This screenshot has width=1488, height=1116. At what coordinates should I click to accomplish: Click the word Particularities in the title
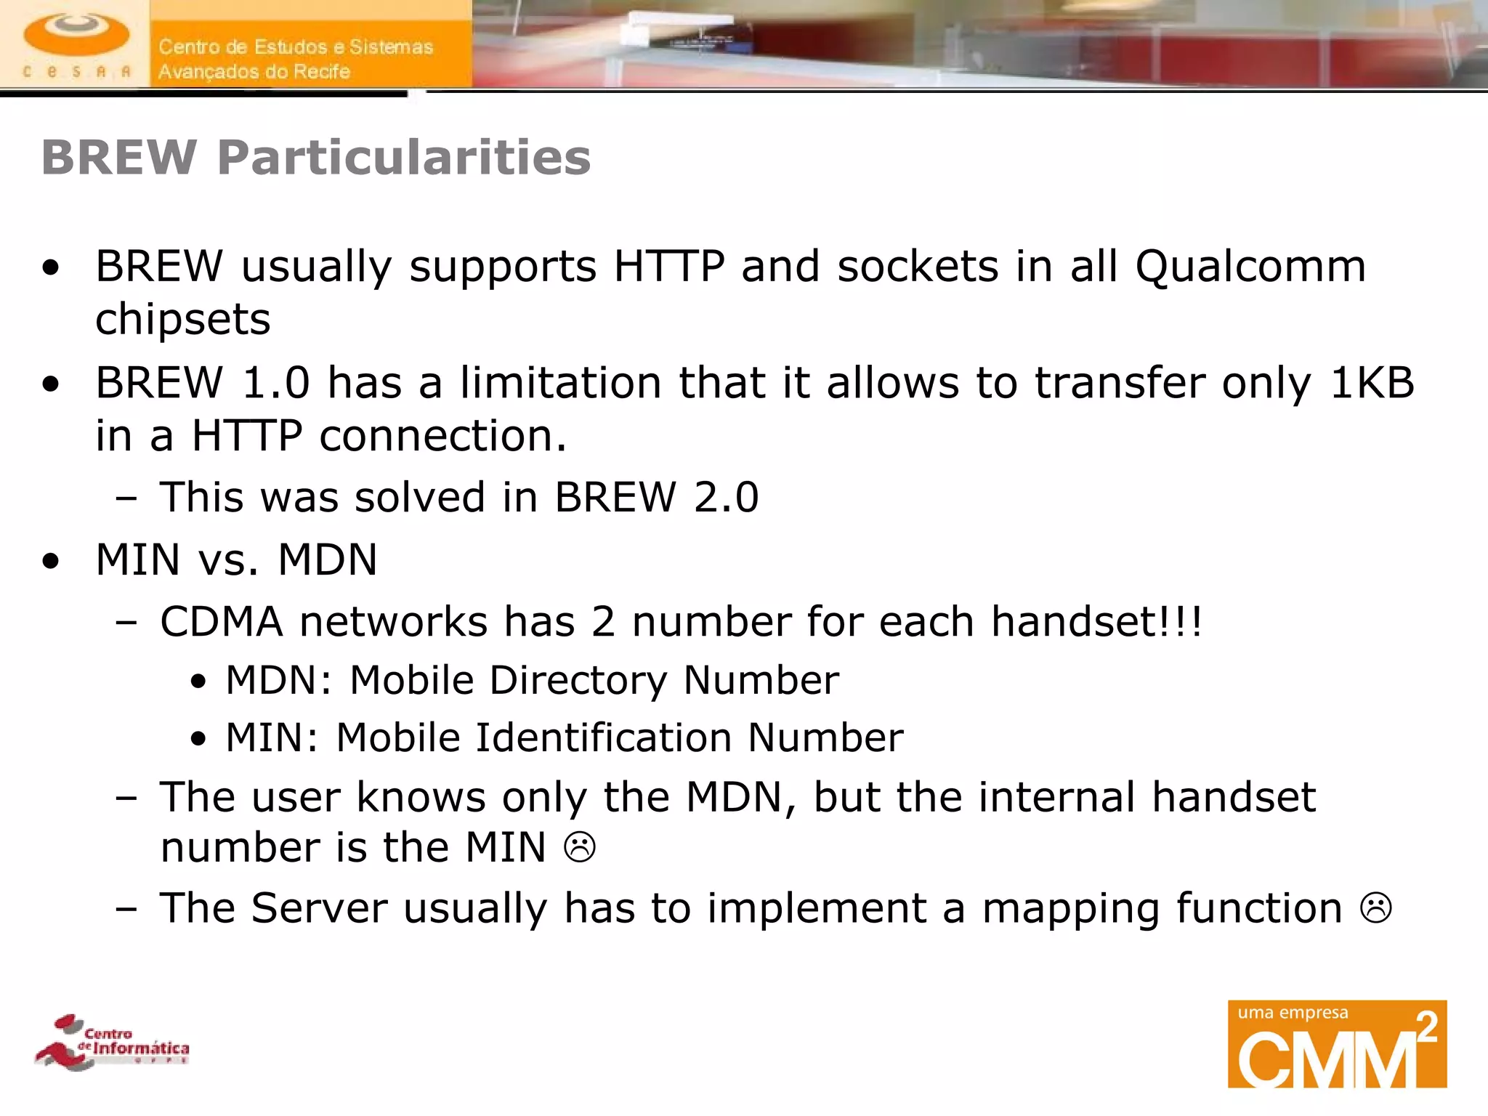pyautogui.click(x=404, y=157)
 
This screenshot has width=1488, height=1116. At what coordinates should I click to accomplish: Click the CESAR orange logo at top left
pyautogui.click(x=76, y=44)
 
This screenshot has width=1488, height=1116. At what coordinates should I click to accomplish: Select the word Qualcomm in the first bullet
pyautogui.click(x=1250, y=266)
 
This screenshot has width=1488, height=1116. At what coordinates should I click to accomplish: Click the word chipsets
pyautogui.click(x=183, y=320)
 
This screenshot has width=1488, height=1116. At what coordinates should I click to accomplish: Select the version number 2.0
pyautogui.click(x=726, y=498)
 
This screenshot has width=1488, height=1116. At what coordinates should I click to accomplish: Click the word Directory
pyautogui.click(x=578, y=681)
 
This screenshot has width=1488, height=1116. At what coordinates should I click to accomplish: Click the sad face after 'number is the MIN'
pyautogui.click(x=580, y=847)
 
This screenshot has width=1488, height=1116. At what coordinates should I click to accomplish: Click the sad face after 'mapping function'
pyautogui.click(x=1375, y=908)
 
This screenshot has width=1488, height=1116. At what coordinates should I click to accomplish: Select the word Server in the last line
pyautogui.click(x=319, y=908)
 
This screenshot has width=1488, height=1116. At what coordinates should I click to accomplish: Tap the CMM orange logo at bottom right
pyautogui.click(x=1337, y=1044)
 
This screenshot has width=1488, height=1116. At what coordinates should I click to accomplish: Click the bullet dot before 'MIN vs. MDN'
pyautogui.click(x=51, y=561)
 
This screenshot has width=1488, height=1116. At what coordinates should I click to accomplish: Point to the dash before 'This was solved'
pyautogui.click(x=126, y=498)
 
